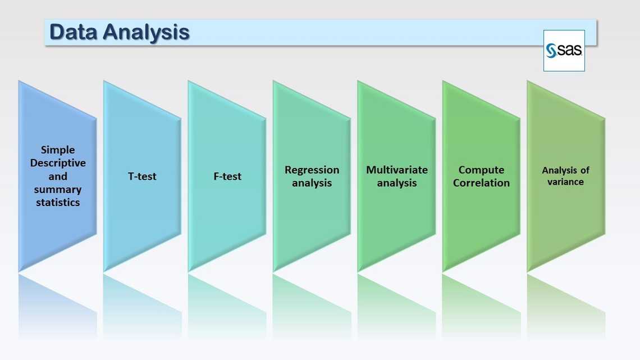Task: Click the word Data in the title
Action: pyautogui.click(x=72, y=32)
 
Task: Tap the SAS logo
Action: pyautogui.click(x=564, y=51)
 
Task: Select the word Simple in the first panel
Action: pyautogui.click(x=58, y=150)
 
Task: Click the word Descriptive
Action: pyautogui.click(x=58, y=163)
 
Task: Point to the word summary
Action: pyautogui.click(x=58, y=189)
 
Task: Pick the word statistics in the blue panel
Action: pyautogui.click(x=58, y=202)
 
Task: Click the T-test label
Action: pyautogui.click(x=142, y=176)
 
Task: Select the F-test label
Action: pyautogui.click(x=227, y=176)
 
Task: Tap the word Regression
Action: pyautogui.click(x=312, y=170)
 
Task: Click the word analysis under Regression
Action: pyautogui.click(x=312, y=183)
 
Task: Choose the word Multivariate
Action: pyautogui.click(x=397, y=170)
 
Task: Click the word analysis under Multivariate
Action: pyautogui.click(x=397, y=183)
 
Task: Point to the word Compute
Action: pyautogui.click(x=481, y=170)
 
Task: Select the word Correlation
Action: pyautogui.click(x=481, y=183)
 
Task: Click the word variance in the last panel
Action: pyautogui.click(x=565, y=182)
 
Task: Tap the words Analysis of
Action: pyautogui.click(x=565, y=170)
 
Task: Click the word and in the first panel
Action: pyautogui.click(x=58, y=176)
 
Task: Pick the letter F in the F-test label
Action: pyautogui.click(x=216, y=176)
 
